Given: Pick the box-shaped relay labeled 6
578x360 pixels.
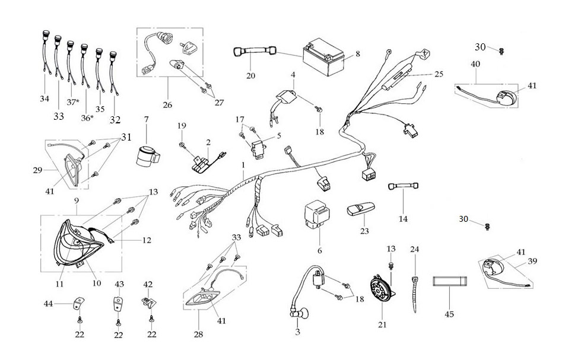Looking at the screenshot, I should point(319,214).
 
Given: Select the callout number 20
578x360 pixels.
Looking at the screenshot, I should point(250,75).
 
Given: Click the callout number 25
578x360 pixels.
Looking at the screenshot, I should point(439,74).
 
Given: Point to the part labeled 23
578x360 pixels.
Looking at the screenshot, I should point(360,211).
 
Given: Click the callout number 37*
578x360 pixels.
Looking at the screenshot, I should point(72,102).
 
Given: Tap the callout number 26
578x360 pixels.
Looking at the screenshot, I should point(167,105).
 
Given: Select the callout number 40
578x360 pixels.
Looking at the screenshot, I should point(475,63).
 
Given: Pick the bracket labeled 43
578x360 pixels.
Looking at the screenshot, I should point(119,306).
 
